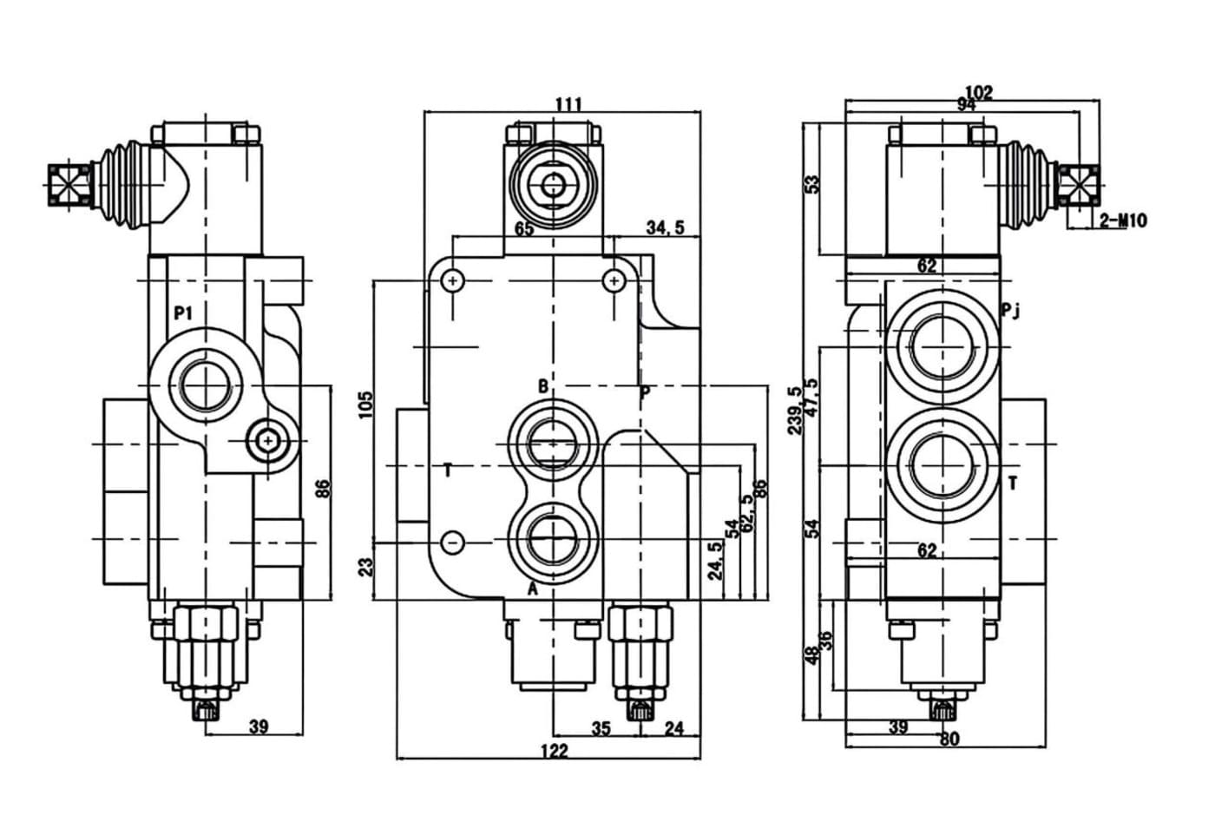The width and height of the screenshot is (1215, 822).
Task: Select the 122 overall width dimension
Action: tap(554, 751)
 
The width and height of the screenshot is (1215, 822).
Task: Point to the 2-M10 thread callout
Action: tap(1123, 220)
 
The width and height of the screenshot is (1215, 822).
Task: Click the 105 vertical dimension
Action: tap(365, 404)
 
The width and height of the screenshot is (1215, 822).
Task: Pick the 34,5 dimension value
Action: tap(665, 227)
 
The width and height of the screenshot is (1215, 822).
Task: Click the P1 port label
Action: tap(183, 313)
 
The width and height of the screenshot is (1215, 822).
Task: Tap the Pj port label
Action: tap(1009, 310)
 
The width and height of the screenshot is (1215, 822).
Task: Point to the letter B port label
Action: tap(542, 386)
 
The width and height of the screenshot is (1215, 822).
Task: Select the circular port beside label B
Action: tap(553, 445)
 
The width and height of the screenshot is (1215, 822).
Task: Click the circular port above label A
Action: tap(553, 539)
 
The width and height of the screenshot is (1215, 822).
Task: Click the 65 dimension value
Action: tap(524, 229)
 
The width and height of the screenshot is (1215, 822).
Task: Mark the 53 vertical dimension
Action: tap(812, 185)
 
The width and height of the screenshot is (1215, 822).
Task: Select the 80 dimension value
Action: tap(949, 739)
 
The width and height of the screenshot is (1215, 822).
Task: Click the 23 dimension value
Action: tap(365, 567)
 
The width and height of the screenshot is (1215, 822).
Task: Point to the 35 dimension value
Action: tap(601, 728)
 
